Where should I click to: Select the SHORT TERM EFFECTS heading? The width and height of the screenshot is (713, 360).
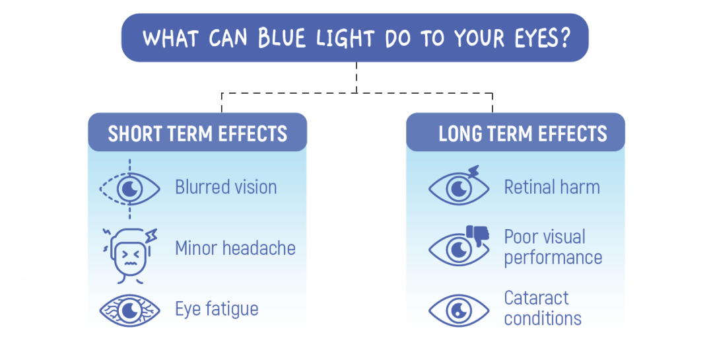pos(197,133)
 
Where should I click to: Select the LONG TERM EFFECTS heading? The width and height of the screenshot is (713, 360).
pos(523,133)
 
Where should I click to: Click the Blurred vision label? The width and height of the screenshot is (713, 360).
pos(226,187)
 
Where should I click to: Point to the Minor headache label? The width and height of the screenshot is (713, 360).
pos(235,248)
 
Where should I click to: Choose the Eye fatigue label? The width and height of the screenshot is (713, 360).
pos(217,308)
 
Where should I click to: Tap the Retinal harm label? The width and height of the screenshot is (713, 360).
pos(552,187)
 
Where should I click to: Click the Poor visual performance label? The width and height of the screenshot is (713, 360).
pos(553,247)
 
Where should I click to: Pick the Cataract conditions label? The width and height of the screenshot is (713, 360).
pos(543,308)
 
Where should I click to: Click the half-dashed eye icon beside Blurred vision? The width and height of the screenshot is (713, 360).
pos(129,189)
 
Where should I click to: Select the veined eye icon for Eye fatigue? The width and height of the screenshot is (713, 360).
pos(129,310)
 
